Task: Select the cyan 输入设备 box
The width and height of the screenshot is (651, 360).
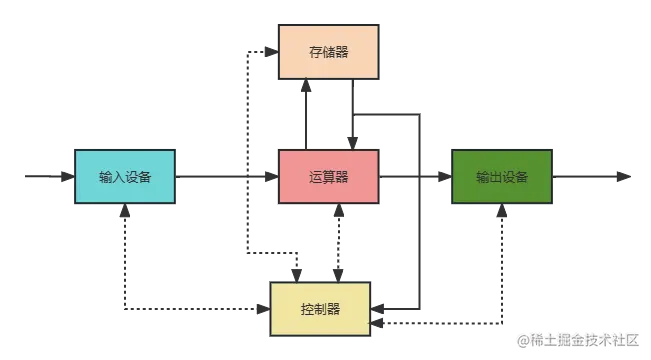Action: [x=125, y=177]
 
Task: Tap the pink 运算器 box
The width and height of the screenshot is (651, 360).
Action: [x=328, y=177]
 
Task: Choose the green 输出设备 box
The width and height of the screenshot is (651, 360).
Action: [x=501, y=177]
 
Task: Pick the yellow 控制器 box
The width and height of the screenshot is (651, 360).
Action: [x=320, y=308]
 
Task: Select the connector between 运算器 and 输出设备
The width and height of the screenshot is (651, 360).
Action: [x=415, y=176]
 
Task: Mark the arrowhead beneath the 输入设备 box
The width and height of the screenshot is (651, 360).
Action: [x=125, y=213]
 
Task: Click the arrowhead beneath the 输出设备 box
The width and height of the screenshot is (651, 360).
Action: [x=503, y=213]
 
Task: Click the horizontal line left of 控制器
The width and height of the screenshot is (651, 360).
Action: [x=200, y=305]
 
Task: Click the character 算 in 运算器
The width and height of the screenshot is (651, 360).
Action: [x=328, y=177]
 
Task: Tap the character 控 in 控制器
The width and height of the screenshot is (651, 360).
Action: [x=307, y=308]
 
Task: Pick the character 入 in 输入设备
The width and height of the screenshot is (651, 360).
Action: [x=118, y=178]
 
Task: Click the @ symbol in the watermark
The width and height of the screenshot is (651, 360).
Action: [x=521, y=339]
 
